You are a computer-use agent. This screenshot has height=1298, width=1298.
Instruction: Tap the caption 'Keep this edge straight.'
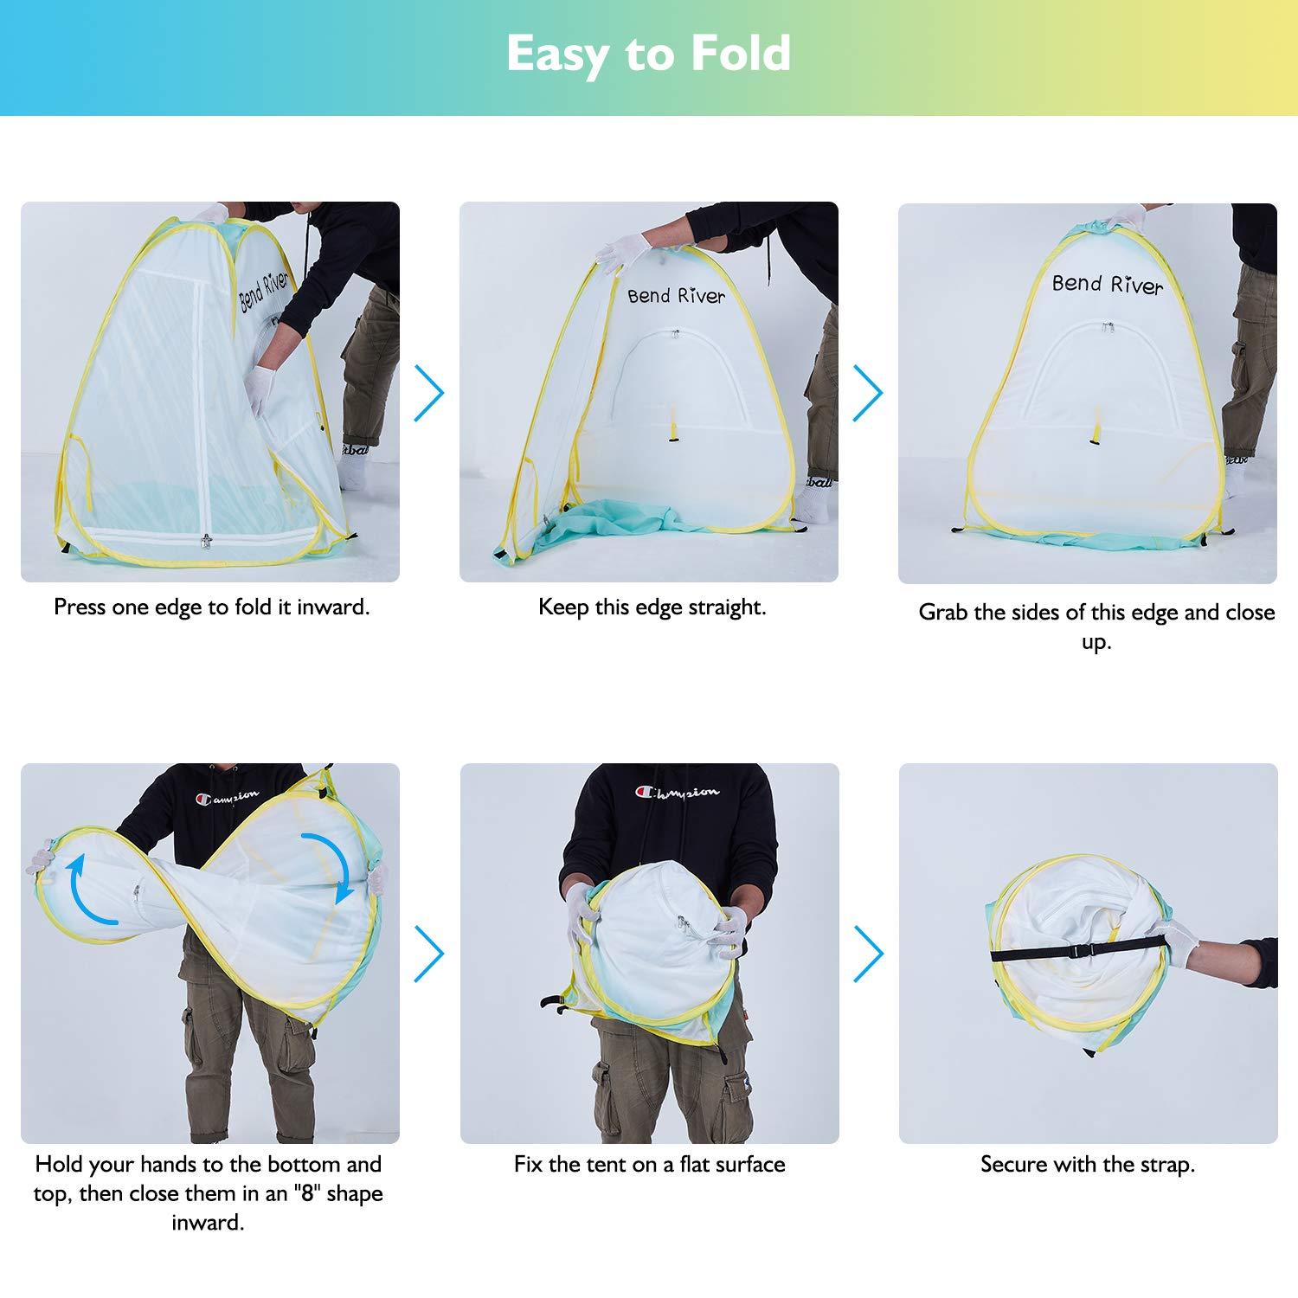652,607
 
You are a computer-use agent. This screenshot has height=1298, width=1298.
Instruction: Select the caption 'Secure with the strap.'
1088,1164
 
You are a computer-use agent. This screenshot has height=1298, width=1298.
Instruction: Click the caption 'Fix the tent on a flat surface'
649,1164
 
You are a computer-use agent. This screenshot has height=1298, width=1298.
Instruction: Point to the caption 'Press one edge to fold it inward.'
211,607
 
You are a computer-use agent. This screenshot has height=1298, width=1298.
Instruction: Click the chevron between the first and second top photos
429,393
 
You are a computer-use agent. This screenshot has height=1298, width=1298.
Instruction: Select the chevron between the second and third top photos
868,393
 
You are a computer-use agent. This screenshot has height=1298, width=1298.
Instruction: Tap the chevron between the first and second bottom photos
429,953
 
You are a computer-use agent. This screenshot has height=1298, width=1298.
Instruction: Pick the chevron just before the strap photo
868,953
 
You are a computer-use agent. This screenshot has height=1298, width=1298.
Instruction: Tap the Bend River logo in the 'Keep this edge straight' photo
676,296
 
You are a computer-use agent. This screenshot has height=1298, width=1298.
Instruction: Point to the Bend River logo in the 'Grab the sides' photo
1107,283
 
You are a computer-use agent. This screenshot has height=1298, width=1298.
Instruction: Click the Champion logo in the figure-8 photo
228,795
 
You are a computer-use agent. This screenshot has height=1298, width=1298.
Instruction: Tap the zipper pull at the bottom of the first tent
205,542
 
